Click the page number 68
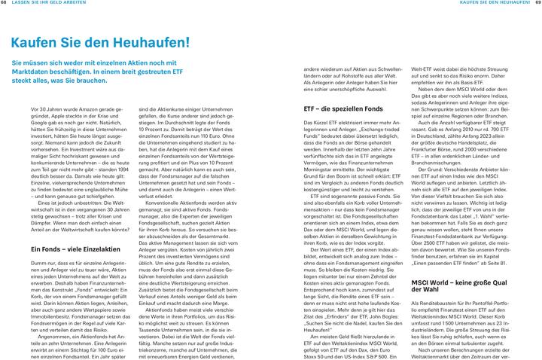point(5,4)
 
